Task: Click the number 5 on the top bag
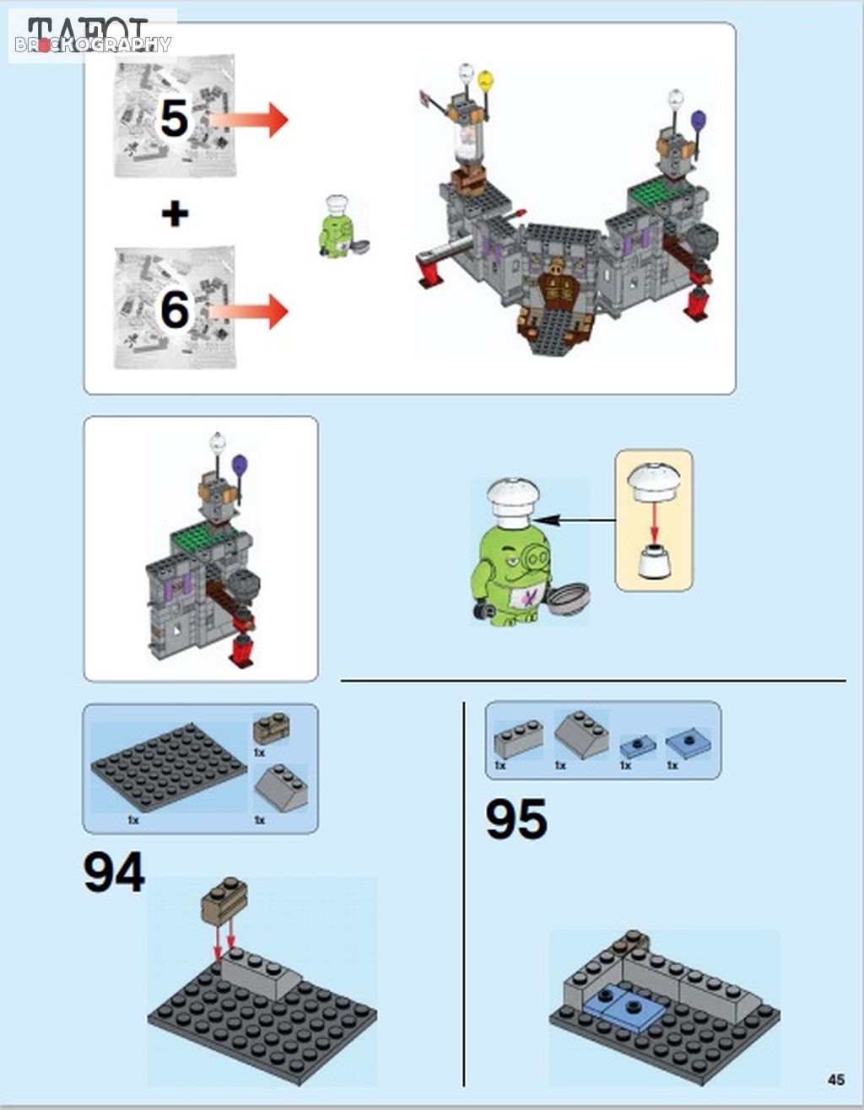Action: click(174, 117)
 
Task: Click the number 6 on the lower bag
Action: click(175, 310)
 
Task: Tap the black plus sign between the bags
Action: click(175, 213)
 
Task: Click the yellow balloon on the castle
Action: click(485, 81)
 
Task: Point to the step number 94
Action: click(114, 873)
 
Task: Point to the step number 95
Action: click(516, 819)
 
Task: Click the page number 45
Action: click(836, 1080)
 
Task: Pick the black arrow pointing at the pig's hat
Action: click(575, 520)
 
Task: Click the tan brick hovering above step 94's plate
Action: click(224, 902)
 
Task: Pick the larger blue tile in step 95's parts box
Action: click(688, 743)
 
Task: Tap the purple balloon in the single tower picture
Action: click(240, 464)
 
